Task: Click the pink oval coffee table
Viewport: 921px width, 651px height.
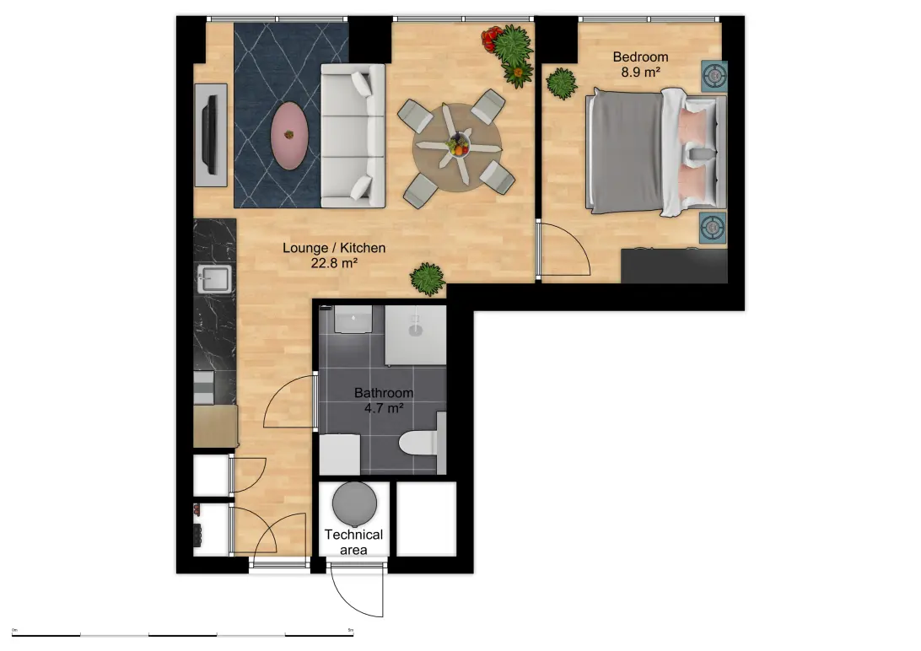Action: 288,135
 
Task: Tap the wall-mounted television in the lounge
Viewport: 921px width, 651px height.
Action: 211,133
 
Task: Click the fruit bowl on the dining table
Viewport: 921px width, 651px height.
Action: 458,144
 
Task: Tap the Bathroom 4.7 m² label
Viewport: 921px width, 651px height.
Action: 384,400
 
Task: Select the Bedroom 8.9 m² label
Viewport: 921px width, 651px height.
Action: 640,65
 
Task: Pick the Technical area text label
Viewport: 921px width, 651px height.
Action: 354,541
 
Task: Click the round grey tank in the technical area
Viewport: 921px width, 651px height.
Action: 354,503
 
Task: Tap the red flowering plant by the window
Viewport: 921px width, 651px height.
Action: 491,37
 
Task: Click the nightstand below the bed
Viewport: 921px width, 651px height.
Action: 714,226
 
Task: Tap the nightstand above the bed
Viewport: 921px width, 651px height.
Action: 715,76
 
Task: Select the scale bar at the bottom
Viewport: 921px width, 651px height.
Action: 183,632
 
